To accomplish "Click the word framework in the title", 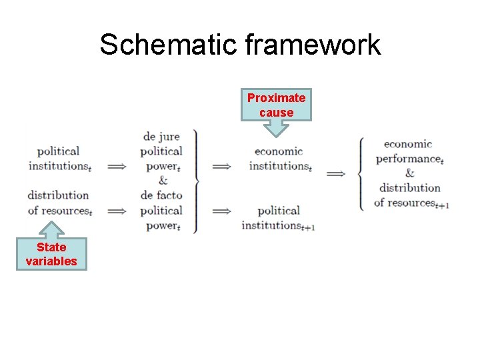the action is point(313,45).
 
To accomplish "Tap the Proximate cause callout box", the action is point(276,105).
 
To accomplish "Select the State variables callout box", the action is point(51,254).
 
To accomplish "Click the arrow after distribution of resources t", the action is point(117,211).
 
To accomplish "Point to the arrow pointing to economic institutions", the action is point(221,166).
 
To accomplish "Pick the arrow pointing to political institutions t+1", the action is point(221,211).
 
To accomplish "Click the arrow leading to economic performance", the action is point(336,173).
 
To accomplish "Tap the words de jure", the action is point(162,137).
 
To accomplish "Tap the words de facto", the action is point(161,195).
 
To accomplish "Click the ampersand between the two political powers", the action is point(163,181).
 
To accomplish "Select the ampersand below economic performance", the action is point(409,173).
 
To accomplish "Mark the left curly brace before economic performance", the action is point(361,173).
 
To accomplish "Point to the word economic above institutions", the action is point(279,151).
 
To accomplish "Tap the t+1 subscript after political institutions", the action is point(308,228).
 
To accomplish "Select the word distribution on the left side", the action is point(58,195).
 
